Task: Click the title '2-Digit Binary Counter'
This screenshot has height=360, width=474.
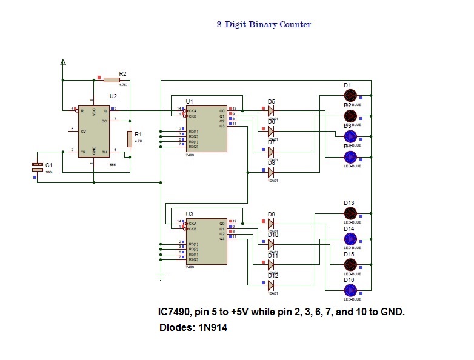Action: (x=264, y=25)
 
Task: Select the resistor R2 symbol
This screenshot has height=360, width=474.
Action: (x=112, y=79)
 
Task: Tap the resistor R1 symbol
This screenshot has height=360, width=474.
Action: (x=130, y=139)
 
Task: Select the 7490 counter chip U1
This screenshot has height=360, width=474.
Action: (x=206, y=128)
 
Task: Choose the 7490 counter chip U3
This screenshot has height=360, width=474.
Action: (x=206, y=241)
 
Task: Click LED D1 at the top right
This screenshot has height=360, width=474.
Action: (x=350, y=95)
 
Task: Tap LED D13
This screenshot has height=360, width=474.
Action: (x=350, y=213)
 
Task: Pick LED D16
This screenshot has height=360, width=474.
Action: (x=350, y=290)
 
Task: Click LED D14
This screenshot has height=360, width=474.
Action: (x=350, y=238)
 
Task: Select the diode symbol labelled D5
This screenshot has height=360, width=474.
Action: (x=270, y=111)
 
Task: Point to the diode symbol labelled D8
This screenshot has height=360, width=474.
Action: (x=270, y=172)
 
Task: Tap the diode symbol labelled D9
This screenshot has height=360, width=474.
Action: (x=270, y=224)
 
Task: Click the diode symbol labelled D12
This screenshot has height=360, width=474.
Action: (x=270, y=285)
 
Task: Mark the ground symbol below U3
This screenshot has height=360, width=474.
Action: (x=160, y=277)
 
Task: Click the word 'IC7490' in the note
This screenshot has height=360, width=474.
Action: (x=175, y=312)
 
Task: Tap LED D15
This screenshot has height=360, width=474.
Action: (x=350, y=264)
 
